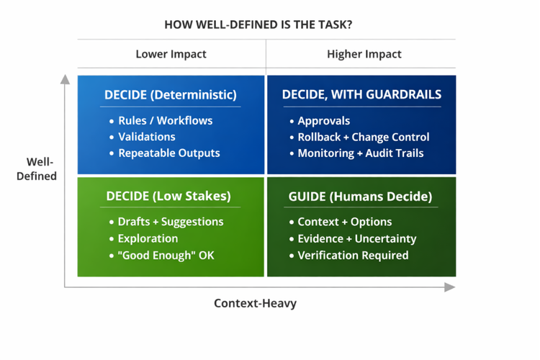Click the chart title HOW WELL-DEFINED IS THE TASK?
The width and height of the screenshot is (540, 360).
258,24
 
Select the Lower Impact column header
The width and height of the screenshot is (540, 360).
171,54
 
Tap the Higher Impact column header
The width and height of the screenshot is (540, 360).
364,54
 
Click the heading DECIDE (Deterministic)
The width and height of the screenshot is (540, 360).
170,94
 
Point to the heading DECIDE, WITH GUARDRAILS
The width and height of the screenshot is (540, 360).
361,94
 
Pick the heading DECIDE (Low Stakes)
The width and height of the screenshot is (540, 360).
169,196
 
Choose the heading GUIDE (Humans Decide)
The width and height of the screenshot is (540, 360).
360,196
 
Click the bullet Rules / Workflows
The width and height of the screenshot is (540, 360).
165,120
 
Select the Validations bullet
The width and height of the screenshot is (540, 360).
147,137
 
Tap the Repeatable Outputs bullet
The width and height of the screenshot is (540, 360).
169,153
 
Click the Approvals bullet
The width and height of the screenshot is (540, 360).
323,120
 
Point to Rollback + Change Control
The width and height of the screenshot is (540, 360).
363,137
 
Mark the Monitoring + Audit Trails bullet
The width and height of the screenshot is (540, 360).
360,153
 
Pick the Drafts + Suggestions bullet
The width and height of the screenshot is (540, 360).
171,222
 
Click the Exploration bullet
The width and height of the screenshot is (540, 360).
148,238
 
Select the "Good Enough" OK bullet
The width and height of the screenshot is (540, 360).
166,255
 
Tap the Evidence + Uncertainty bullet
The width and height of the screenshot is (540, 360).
356,238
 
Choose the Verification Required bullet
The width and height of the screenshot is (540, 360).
353,255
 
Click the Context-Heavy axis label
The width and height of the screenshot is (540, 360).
255,303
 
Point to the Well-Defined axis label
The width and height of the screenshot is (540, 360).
37,168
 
